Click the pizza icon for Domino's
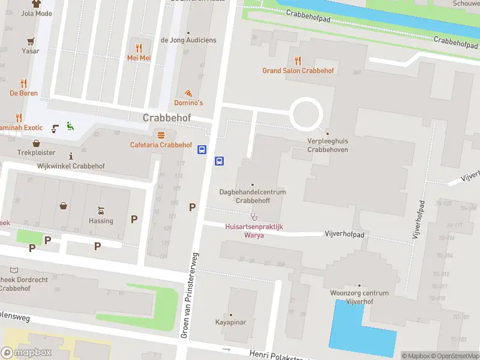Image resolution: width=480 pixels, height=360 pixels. [x=188, y=93]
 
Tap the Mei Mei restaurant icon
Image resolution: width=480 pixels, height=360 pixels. [x=139, y=48]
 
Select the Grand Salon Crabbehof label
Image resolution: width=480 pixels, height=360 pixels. [x=298, y=70]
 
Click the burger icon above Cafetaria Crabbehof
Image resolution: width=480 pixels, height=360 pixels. [x=160, y=134]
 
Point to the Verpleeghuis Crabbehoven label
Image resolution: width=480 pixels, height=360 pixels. [x=327, y=145]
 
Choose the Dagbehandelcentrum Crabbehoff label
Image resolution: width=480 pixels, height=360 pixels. [x=252, y=196]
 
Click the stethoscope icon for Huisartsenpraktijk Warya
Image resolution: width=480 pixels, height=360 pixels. [x=254, y=217]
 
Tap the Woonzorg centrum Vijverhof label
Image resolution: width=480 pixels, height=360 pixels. [x=359, y=297]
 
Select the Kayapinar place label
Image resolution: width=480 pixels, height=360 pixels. [x=231, y=322]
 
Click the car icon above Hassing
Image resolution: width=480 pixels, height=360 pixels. [x=101, y=211]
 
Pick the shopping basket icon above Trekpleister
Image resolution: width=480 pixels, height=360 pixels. [x=36, y=143]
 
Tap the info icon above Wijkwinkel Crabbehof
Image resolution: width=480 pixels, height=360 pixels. [x=71, y=156]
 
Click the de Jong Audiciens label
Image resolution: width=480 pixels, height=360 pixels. [x=188, y=40]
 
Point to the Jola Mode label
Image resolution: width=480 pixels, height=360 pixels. [x=36, y=13]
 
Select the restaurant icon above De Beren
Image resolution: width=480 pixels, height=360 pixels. [x=23, y=83]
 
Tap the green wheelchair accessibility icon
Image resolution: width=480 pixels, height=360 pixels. [x=70, y=126]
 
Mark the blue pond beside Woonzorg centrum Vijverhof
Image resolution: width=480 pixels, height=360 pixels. [x=354, y=330]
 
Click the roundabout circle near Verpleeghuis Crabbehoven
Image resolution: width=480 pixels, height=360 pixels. [x=307, y=113]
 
